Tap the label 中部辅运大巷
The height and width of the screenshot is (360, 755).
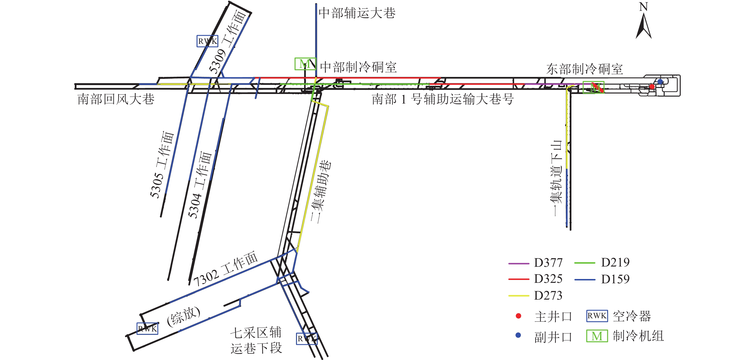(357, 13)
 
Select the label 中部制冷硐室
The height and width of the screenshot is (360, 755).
(358, 67)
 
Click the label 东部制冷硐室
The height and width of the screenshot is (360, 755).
(584, 69)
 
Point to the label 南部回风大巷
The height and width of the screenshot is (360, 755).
(116, 99)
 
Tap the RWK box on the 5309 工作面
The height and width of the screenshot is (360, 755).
(207, 41)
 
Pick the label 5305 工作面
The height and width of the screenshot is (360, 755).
(162, 165)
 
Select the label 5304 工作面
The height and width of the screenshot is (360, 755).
(200, 185)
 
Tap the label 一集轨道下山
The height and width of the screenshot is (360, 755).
(556, 178)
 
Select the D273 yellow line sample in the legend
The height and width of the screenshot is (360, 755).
(518, 296)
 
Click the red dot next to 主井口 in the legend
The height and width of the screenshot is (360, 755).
(518, 316)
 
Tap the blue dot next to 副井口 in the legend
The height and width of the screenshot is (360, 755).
(518, 335)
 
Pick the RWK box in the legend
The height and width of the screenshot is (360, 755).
(597, 316)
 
